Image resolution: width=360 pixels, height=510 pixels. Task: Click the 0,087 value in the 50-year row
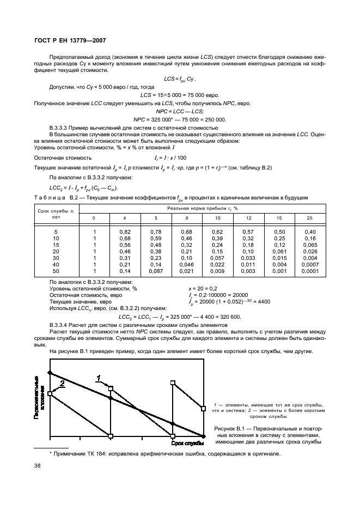[x=155, y=271]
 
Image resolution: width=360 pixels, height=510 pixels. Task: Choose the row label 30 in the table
[x=56, y=258]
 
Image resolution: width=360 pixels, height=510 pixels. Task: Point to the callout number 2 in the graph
[x=62, y=383]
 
